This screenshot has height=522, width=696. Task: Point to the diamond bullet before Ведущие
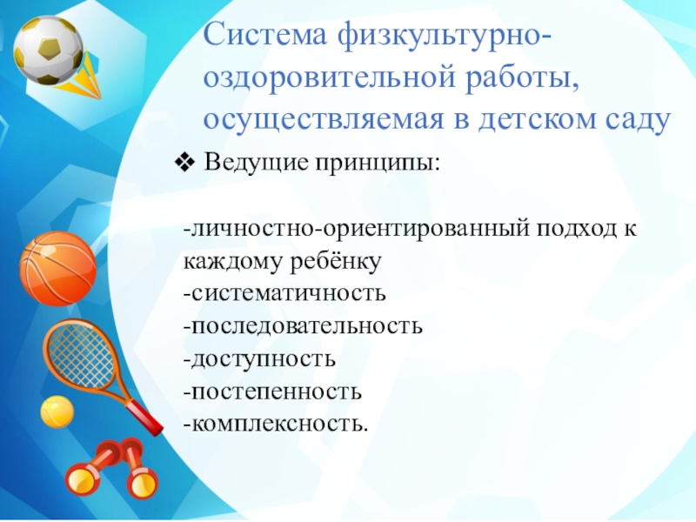pos(184,162)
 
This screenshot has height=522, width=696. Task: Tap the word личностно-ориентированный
pos(352,231)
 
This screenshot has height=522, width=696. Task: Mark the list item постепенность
pos(272,391)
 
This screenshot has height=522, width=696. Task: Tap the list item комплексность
pos(276,423)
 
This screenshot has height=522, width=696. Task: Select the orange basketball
pos(57,266)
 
